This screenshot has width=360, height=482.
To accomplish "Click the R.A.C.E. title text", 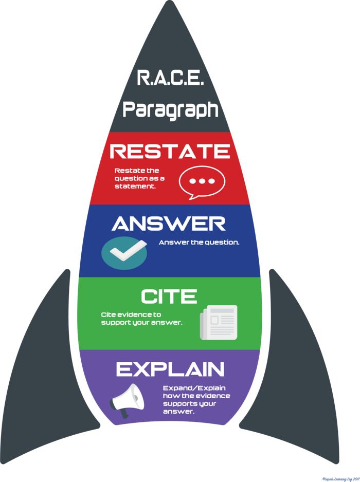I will point(170,79).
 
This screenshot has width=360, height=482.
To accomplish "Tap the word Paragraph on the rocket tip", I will point(170,109).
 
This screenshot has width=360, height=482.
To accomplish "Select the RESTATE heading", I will point(170,151).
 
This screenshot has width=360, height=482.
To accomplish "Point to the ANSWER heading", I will point(169,224).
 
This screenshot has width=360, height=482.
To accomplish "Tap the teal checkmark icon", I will point(124,253).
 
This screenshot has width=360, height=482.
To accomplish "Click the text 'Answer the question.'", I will point(199,242).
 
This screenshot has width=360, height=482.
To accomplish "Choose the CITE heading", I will point(169,296).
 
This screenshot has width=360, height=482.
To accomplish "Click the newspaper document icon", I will point(219,322).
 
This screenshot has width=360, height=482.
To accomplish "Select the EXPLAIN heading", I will point(170,369).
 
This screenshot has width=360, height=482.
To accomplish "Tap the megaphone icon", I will point(126,400).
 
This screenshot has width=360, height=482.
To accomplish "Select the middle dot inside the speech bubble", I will point(201,181).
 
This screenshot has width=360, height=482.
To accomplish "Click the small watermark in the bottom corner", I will point(340,478).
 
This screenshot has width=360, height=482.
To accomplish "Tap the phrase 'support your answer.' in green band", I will point(141,323).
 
